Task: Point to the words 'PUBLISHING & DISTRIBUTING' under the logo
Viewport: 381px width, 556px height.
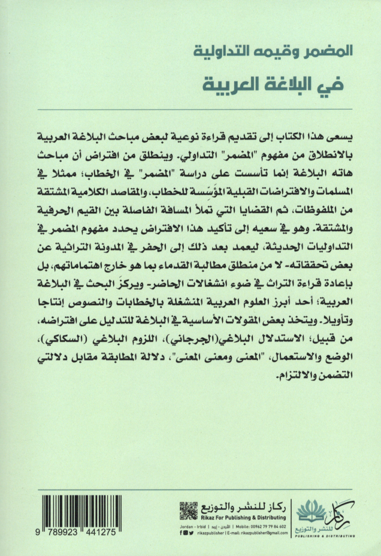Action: pyautogui.click(x=326, y=537)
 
